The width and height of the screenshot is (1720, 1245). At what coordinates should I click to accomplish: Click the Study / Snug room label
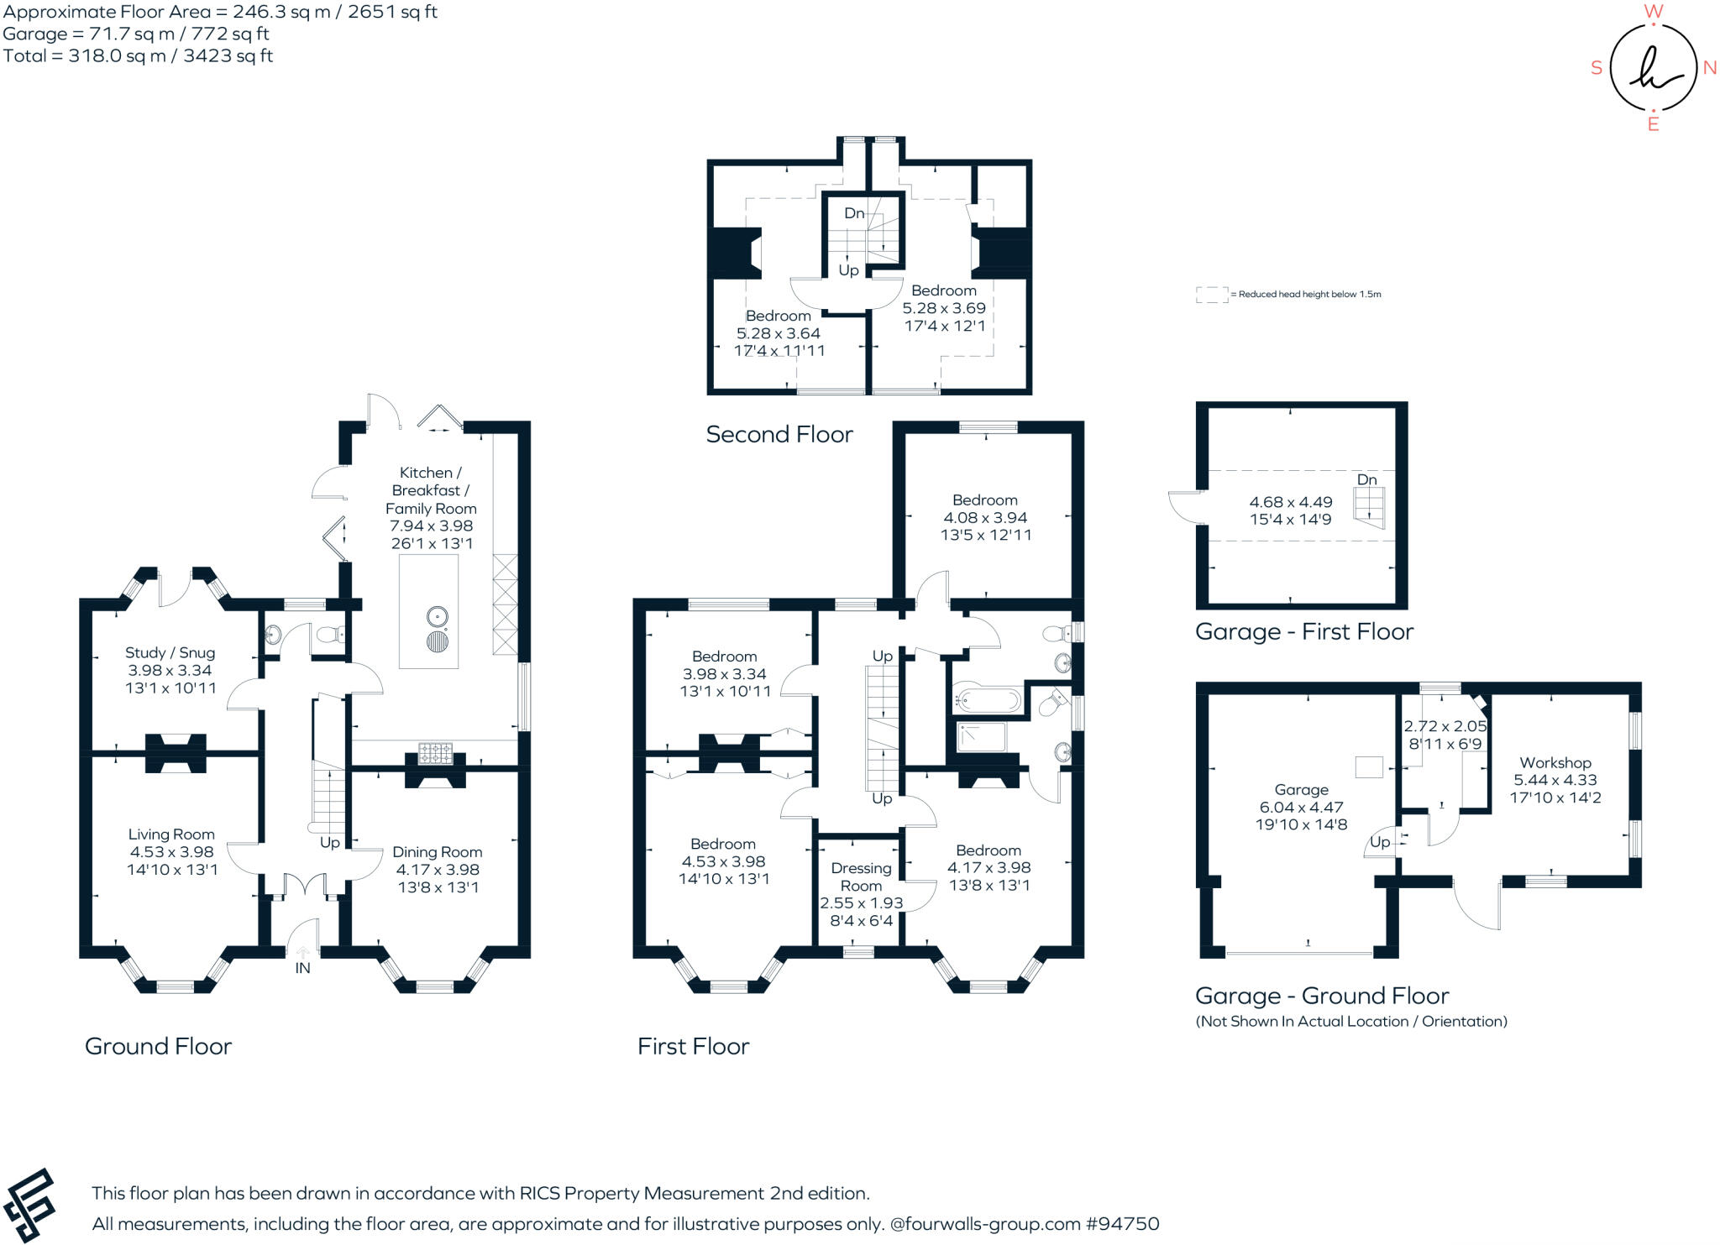click(170, 652)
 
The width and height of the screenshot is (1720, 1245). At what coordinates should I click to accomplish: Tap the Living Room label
click(171, 834)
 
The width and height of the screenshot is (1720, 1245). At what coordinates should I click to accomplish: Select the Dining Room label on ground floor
click(438, 851)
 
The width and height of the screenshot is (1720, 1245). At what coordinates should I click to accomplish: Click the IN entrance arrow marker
click(302, 954)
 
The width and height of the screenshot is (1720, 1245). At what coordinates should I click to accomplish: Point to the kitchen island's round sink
click(437, 617)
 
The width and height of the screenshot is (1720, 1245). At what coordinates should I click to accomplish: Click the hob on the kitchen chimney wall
click(435, 753)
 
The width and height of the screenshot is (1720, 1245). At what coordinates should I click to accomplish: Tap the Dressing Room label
click(861, 876)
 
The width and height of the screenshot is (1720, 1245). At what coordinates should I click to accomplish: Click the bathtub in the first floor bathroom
click(988, 699)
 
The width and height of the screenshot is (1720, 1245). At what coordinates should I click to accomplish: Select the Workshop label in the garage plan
click(1555, 762)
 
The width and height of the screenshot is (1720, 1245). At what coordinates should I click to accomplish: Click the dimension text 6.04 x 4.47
click(1301, 807)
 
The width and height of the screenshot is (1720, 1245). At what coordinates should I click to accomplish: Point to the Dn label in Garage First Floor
click(1366, 479)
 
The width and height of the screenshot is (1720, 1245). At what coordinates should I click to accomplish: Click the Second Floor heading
click(779, 434)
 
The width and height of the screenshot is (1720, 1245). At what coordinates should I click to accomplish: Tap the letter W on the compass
click(1653, 11)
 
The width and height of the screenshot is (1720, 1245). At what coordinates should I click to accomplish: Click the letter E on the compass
click(1653, 125)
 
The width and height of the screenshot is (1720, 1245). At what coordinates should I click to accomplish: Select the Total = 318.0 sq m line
click(138, 55)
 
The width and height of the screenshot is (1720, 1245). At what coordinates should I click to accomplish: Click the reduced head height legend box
click(1211, 295)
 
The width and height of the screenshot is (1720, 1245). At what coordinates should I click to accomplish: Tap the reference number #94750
click(1122, 1223)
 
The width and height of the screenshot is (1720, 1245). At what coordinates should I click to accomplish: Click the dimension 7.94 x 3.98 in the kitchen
click(431, 526)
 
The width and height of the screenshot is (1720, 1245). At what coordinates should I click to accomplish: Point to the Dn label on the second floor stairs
click(854, 213)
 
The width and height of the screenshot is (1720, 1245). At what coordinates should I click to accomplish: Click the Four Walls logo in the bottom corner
click(29, 1206)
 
